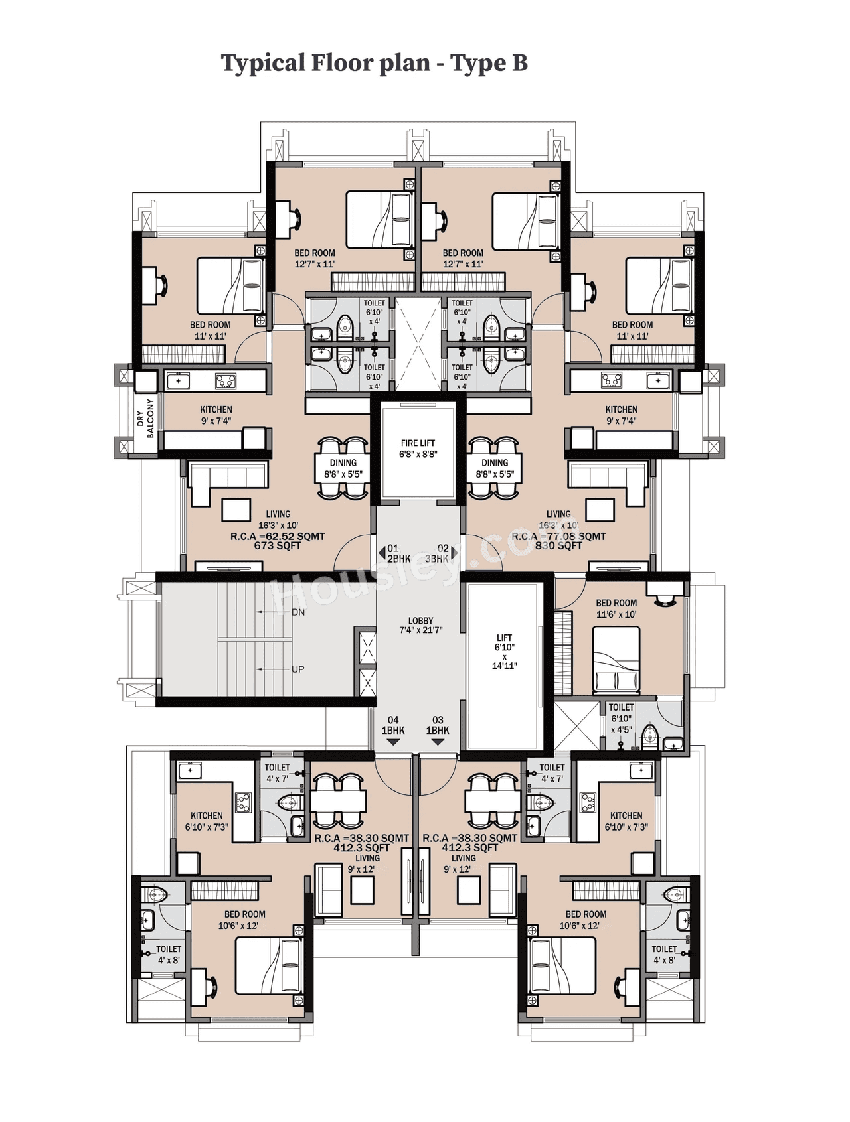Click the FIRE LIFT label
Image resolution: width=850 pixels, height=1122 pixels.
[418, 449]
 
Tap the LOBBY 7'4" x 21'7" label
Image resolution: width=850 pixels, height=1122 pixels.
[420, 625]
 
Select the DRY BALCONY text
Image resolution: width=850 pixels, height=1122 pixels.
[145, 418]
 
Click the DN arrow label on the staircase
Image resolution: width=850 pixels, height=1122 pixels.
[298, 612]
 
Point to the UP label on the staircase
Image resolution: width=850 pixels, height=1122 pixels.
[297, 669]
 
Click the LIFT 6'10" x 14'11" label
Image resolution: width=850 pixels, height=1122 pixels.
[504, 652]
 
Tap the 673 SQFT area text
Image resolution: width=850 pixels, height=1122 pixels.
[278, 546]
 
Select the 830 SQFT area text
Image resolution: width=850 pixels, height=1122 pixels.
[558, 546]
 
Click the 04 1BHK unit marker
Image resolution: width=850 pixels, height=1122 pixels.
[393, 725]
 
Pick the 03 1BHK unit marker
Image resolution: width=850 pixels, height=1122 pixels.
[438, 725]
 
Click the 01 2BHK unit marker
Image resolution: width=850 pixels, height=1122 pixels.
[398, 554]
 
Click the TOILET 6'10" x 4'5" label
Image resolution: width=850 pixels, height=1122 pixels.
[621, 719]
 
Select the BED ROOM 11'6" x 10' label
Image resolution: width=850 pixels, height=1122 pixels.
[616, 608]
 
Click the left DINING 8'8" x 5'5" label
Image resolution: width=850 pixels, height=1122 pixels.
[343, 468]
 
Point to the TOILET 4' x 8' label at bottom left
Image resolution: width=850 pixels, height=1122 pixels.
[169, 955]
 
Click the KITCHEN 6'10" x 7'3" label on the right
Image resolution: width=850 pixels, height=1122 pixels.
[626, 821]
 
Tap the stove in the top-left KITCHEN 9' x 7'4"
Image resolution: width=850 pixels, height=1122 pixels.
[225, 381]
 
